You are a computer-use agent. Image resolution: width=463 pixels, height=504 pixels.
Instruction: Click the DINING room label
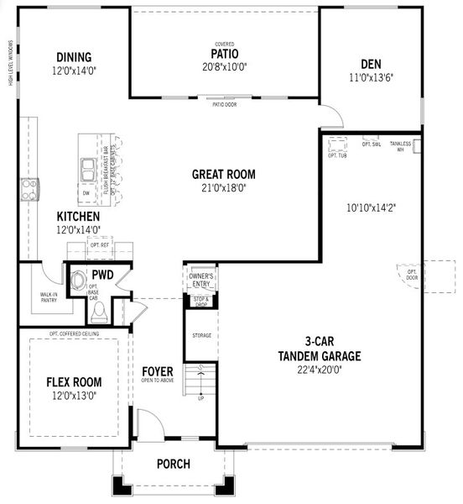(73, 58)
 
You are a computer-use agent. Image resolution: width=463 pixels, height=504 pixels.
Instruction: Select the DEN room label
(372, 64)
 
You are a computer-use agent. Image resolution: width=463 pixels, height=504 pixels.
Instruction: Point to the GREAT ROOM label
(223, 175)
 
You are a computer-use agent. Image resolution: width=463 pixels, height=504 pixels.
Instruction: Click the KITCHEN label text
(78, 216)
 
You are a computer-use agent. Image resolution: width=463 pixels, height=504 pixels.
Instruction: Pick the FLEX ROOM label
(73, 381)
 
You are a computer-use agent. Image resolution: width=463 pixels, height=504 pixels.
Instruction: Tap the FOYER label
(157, 370)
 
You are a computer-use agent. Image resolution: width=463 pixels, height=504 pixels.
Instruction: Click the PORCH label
(174, 464)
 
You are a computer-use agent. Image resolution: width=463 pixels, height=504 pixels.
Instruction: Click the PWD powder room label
(102, 275)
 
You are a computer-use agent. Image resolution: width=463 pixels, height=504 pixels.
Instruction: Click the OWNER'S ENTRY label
(200, 279)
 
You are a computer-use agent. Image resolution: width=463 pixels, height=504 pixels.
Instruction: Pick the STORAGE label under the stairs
(201, 334)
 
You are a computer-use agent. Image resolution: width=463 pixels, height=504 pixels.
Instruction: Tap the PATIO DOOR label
(223, 106)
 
